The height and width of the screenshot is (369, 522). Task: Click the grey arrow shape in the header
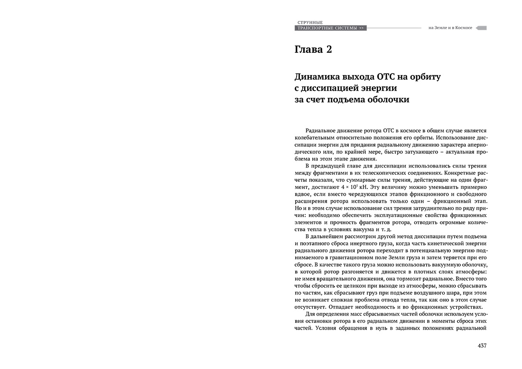[481, 28]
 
